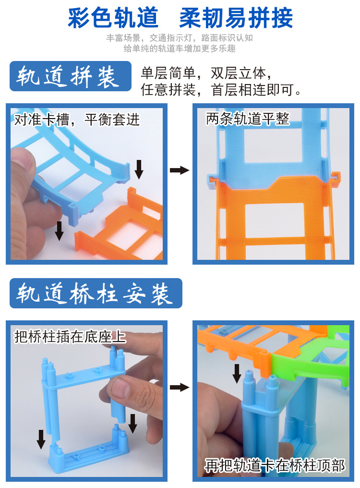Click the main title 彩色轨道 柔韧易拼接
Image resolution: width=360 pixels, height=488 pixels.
point(180,18)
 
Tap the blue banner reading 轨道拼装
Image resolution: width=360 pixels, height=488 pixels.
point(70,76)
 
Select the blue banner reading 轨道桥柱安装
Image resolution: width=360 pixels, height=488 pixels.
point(96,293)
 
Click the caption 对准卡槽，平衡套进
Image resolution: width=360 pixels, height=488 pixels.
point(77,120)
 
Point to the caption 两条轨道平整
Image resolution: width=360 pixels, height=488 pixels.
point(248,119)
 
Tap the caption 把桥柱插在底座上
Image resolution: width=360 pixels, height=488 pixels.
point(70,336)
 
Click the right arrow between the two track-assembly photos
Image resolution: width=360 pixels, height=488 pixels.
point(180,170)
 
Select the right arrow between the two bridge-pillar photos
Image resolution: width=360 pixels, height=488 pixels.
point(180,388)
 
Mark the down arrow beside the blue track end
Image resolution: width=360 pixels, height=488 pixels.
point(139,169)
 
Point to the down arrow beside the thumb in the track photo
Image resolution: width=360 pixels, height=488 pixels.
point(59,231)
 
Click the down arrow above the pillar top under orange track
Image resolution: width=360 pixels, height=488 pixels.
point(237,374)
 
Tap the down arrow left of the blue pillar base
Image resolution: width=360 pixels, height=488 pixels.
point(41,439)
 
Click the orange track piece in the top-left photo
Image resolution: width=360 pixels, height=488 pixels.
point(121,227)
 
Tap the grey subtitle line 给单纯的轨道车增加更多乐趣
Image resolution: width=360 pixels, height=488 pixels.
point(180,49)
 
